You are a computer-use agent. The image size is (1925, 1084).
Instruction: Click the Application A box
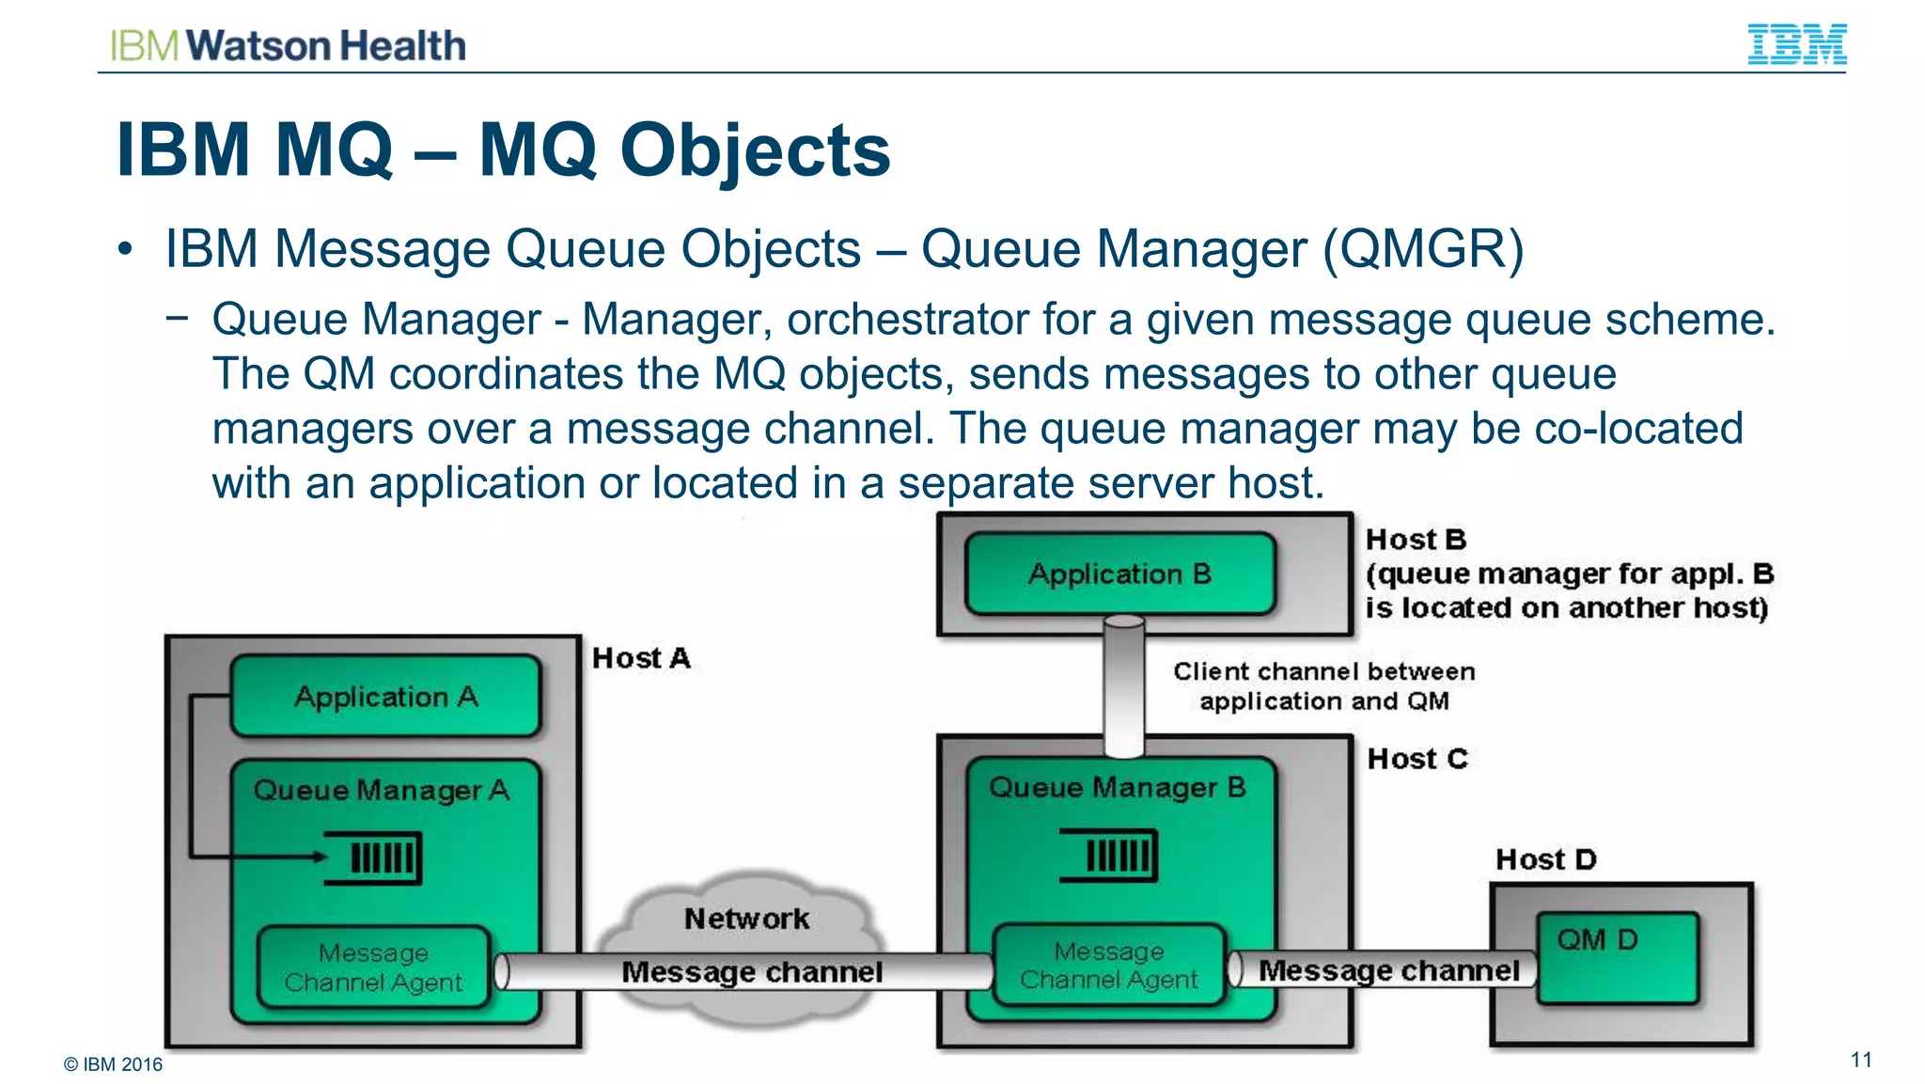tap(385, 697)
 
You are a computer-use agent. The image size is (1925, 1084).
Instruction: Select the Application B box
tap(1119, 573)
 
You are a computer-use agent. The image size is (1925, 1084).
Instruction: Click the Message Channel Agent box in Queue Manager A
tap(373, 967)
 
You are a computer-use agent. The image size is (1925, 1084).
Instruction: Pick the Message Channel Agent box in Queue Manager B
tap(1109, 966)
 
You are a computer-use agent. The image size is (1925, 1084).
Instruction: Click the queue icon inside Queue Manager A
tap(374, 857)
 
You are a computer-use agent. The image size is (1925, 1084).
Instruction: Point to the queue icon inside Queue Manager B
tap(1109, 855)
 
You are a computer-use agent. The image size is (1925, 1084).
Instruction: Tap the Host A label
tap(641, 658)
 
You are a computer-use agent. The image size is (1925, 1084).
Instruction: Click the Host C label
tap(1417, 759)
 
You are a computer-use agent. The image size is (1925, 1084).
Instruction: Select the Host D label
tap(1546, 859)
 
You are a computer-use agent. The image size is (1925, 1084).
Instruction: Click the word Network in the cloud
tap(746, 919)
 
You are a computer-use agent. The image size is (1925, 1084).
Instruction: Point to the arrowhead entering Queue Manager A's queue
tap(321, 856)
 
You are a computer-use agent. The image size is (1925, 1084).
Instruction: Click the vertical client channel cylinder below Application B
tap(1123, 686)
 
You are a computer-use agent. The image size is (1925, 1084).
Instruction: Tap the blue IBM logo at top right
tap(1796, 44)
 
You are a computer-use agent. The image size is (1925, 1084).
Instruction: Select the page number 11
tap(1861, 1060)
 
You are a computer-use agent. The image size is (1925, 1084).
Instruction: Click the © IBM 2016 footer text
tap(113, 1064)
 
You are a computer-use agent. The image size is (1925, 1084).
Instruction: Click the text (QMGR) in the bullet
tap(1423, 249)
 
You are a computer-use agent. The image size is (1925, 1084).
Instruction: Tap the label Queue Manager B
tap(1117, 787)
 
